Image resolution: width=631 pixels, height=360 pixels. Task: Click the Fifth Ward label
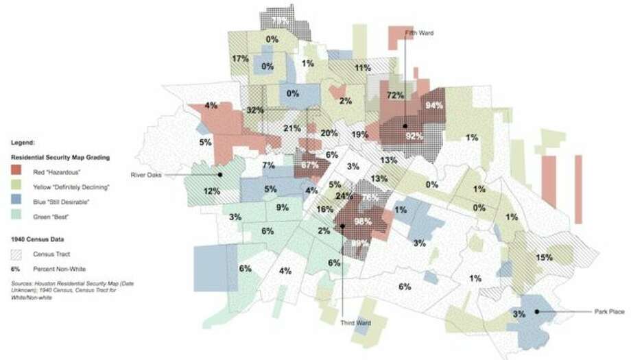click(420, 33)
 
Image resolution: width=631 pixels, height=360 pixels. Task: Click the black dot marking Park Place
click(536, 312)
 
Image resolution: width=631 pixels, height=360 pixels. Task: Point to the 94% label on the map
click(433, 106)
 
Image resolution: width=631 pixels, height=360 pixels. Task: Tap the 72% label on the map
click(395, 95)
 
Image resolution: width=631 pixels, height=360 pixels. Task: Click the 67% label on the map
click(309, 165)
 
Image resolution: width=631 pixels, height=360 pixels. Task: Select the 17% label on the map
click(240, 58)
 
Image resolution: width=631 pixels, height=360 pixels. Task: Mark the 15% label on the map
click(545, 257)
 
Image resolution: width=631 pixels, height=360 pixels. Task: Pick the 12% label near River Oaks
click(211, 191)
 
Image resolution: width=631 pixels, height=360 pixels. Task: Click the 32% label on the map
click(255, 110)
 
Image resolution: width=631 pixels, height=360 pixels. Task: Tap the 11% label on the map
click(362, 67)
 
